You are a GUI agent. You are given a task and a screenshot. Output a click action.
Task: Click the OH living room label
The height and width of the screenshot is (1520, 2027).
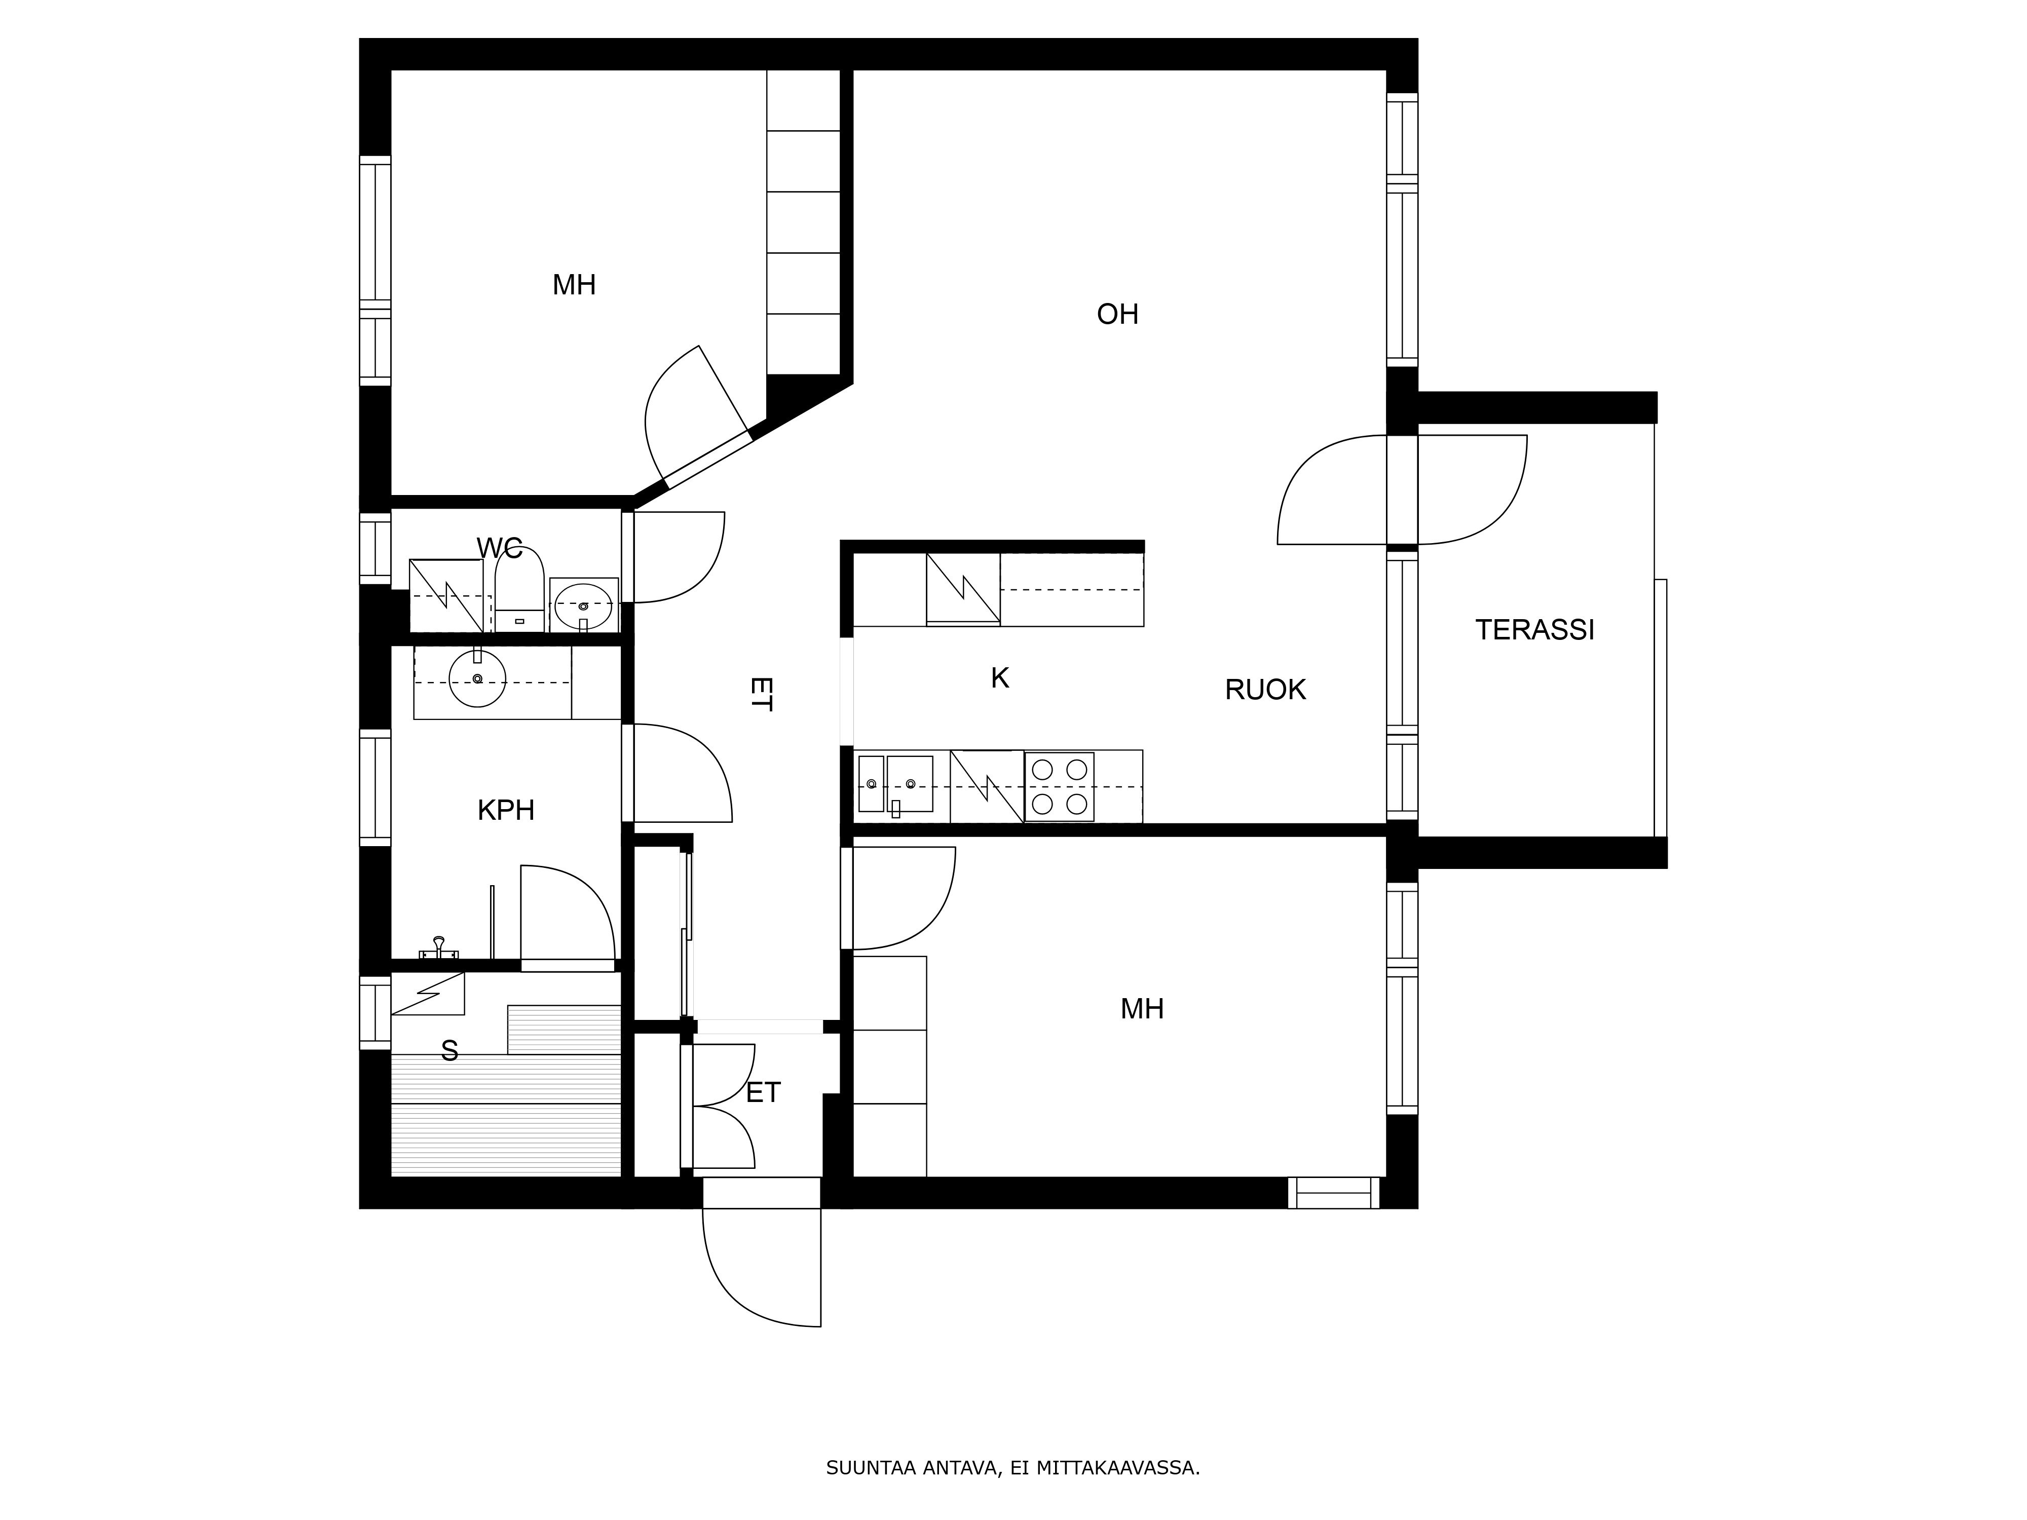pos(1117,314)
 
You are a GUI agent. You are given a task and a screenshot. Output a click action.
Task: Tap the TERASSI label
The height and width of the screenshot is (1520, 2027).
pos(1534,629)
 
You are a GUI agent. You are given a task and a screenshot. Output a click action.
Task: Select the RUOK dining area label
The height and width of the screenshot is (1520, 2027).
pos(1264,689)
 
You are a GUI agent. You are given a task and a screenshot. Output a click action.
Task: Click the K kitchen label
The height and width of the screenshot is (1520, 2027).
pos(1000,678)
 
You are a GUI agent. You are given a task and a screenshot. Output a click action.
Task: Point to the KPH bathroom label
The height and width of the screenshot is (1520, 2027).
pos(506,810)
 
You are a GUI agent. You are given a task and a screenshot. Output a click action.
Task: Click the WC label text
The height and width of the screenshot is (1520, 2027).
pos(500,548)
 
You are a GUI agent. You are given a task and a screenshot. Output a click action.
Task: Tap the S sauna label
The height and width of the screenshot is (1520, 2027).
pos(449,1051)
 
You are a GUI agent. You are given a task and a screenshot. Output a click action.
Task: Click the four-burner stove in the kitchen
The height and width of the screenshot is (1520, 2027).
pos(1059,786)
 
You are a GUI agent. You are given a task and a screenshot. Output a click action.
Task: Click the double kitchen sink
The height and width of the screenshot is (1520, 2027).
pos(895,784)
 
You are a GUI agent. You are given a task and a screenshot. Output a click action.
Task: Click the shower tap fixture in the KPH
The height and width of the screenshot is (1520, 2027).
pos(439,948)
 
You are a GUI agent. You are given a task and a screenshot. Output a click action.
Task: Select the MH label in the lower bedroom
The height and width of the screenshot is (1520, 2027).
pos(1142,1009)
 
